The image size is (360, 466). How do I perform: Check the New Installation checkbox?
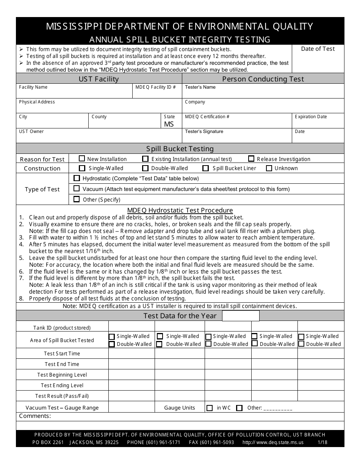click(x=82, y=159)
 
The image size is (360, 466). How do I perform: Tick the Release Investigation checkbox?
click(x=251, y=159)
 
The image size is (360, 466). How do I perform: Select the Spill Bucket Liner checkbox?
click(x=206, y=168)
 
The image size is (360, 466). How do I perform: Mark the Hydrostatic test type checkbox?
click(x=77, y=178)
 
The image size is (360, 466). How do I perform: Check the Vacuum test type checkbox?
click(x=77, y=188)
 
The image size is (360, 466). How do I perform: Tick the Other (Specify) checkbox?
click(x=77, y=199)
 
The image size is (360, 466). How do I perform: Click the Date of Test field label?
click(x=318, y=49)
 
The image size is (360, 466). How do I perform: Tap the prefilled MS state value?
click(x=169, y=124)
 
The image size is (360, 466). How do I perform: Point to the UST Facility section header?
click(x=99, y=79)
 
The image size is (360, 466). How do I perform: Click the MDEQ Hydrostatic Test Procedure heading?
click(x=180, y=210)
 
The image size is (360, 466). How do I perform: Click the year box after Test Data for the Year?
click(x=241, y=316)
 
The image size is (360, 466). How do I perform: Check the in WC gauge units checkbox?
click(x=210, y=408)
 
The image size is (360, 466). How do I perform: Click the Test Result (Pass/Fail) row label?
click(x=62, y=396)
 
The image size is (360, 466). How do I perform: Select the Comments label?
click(x=35, y=416)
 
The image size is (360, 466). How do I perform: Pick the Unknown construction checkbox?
click(x=269, y=168)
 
